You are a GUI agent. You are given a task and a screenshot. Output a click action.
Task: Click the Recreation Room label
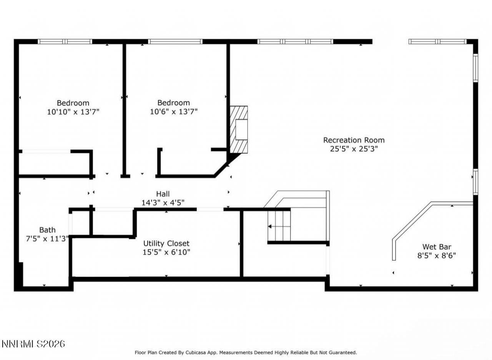(x=353, y=140)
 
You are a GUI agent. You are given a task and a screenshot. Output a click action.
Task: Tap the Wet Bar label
(x=437, y=247)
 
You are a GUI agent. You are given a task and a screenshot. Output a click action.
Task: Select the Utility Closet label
(x=166, y=243)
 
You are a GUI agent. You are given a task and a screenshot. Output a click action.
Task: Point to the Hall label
(x=163, y=194)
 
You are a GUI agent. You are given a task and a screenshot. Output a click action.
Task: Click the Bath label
(x=47, y=230)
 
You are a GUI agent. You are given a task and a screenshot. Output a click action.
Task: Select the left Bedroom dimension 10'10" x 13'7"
(x=73, y=112)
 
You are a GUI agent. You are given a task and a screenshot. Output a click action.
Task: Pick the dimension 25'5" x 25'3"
(x=354, y=149)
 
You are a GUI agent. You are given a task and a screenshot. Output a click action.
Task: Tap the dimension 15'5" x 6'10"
(x=166, y=252)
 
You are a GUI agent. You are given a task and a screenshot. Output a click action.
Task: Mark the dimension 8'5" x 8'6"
(x=437, y=255)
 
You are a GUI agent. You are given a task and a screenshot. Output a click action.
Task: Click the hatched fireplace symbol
(x=239, y=129)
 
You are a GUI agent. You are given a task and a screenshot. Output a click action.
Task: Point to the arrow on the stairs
(x=275, y=227)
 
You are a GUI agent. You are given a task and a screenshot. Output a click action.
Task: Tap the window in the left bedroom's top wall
(x=65, y=42)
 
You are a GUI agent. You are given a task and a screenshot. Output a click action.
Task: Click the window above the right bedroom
(x=175, y=42)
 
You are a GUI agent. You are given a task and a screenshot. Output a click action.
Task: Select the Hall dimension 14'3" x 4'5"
(x=163, y=203)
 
